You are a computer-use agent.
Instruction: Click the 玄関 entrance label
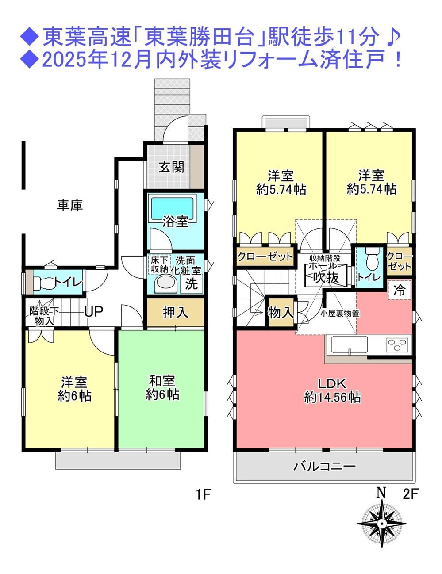tap(171, 167)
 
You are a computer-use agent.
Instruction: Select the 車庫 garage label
tap(70, 205)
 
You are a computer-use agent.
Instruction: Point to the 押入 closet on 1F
tap(175, 313)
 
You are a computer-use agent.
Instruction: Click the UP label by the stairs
tap(93, 312)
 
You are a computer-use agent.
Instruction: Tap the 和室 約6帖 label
tap(162, 388)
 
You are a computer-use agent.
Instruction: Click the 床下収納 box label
tap(159, 264)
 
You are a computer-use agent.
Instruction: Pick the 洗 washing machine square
tap(191, 283)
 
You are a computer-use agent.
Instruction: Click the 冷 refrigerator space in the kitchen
tap(400, 290)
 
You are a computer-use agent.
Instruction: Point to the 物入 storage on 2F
tap(281, 313)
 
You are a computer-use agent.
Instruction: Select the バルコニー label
tap(325, 467)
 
